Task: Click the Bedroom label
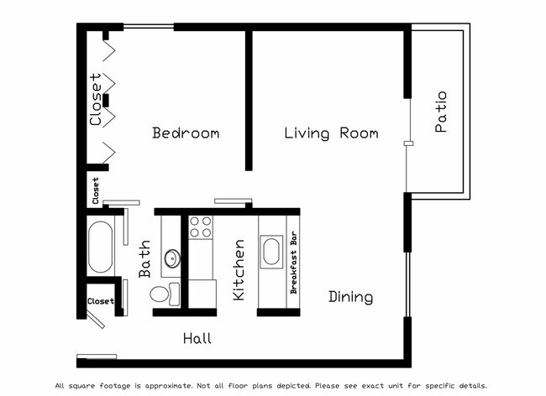[x=186, y=133]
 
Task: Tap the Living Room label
[x=331, y=133]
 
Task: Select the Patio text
[x=441, y=112]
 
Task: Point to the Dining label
[x=350, y=297]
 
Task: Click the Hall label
[x=197, y=339]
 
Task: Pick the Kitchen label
[x=239, y=270]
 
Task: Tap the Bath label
[x=144, y=259]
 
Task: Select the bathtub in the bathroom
[x=100, y=247]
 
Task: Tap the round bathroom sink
[x=171, y=258]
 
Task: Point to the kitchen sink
[x=271, y=252]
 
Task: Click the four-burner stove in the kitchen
[x=201, y=227]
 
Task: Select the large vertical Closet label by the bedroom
[x=96, y=100]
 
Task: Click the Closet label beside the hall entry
[x=100, y=300]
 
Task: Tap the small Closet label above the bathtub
[x=95, y=190]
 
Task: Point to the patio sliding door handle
[x=407, y=144]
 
